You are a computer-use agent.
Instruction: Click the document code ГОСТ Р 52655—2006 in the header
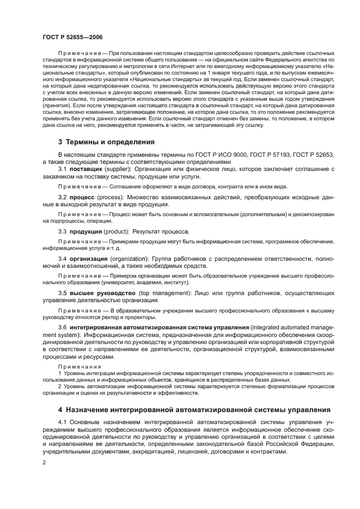(72, 36)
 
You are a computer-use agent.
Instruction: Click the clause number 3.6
(63, 327)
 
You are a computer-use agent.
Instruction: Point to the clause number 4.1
(63, 422)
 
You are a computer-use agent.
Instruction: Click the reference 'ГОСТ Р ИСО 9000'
(212, 155)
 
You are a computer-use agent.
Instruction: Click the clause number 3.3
(63, 231)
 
